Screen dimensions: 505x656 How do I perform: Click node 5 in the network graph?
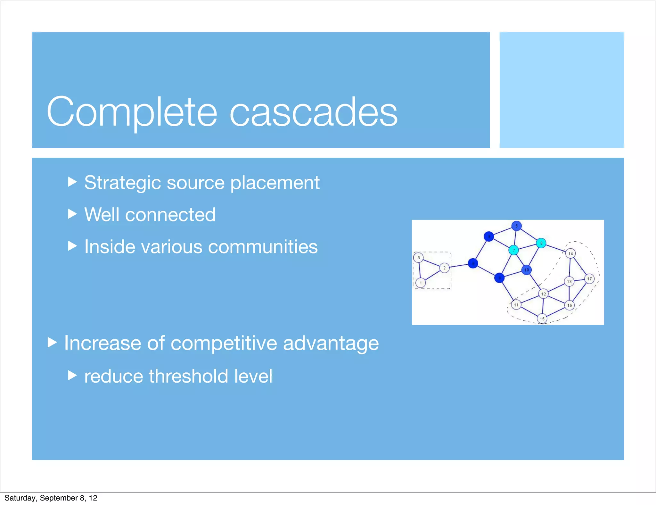(516, 226)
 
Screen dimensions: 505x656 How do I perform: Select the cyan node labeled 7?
(513, 250)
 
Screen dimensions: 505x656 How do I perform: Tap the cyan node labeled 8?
(541, 243)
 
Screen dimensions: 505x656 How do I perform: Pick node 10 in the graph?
(527, 270)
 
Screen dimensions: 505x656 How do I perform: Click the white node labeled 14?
(570, 253)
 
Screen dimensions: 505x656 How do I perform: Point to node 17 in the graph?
(589, 279)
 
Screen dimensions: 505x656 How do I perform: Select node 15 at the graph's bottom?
(542, 319)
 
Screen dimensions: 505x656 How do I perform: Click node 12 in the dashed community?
(543, 294)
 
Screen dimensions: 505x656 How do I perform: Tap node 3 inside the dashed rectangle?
(418, 258)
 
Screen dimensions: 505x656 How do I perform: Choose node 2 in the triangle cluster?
(444, 268)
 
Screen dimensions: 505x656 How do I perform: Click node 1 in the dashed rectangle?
(421, 283)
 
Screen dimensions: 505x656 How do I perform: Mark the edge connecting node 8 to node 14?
(555, 248)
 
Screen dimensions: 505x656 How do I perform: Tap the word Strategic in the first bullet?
(122, 183)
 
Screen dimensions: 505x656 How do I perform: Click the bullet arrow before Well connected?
(72, 214)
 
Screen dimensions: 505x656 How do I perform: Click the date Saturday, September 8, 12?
(51, 498)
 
